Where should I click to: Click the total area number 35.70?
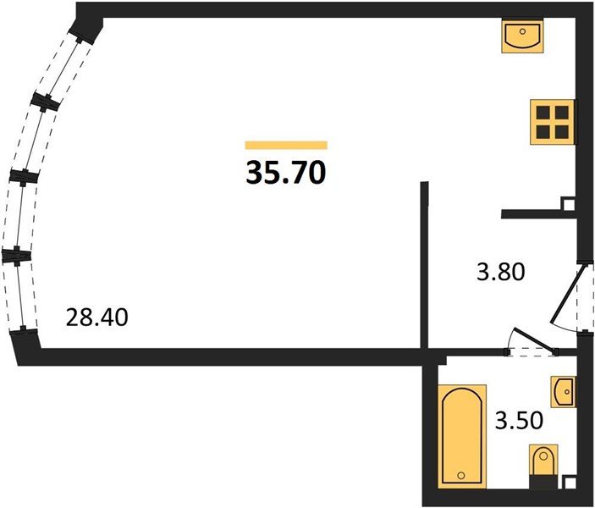[x=286, y=173]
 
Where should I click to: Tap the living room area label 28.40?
[x=96, y=317]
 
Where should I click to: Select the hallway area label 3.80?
[x=500, y=272]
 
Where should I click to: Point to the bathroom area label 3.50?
[x=520, y=421]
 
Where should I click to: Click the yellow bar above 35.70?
[x=286, y=146]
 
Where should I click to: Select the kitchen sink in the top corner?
[x=522, y=36]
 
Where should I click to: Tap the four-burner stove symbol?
[x=552, y=122]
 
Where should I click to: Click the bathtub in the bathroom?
[x=462, y=436]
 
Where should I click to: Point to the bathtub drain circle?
[x=461, y=475]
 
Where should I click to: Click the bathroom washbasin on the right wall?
[x=563, y=392]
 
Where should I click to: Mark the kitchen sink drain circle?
[x=523, y=31]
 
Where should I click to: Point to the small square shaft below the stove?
[x=569, y=204]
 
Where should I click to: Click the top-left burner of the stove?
[x=543, y=113]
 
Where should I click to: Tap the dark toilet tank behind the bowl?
[x=543, y=481]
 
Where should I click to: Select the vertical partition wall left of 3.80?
[x=424, y=265]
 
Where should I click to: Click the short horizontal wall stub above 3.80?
[x=539, y=214]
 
